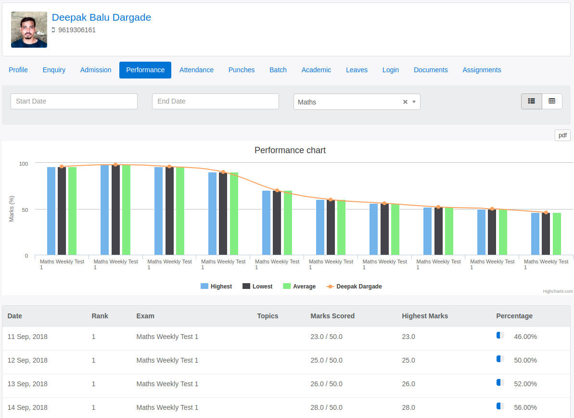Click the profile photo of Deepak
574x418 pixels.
pyautogui.click(x=29, y=29)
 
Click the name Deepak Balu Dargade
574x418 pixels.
pyautogui.click(x=101, y=17)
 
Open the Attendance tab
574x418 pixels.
pyautogui.click(x=196, y=70)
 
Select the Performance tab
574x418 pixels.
pyautogui.click(x=145, y=70)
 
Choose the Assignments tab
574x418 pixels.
pyautogui.click(x=482, y=70)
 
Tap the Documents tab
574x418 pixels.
pyautogui.click(x=431, y=70)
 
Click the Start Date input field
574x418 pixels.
pyautogui.click(x=74, y=101)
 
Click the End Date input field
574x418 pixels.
pyautogui.click(x=216, y=101)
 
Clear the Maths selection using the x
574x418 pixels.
pyautogui.click(x=405, y=102)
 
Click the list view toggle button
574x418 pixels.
pyautogui.click(x=532, y=101)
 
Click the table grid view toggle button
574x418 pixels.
pyautogui.click(x=552, y=101)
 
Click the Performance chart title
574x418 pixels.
pyautogui.click(x=290, y=150)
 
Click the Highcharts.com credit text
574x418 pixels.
pyautogui.click(x=558, y=291)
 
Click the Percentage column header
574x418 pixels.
pyautogui.click(x=514, y=316)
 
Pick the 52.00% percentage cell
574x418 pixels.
pyautogui.click(x=525, y=384)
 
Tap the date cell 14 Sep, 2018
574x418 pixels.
pyautogui.click(x=27, y=407)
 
